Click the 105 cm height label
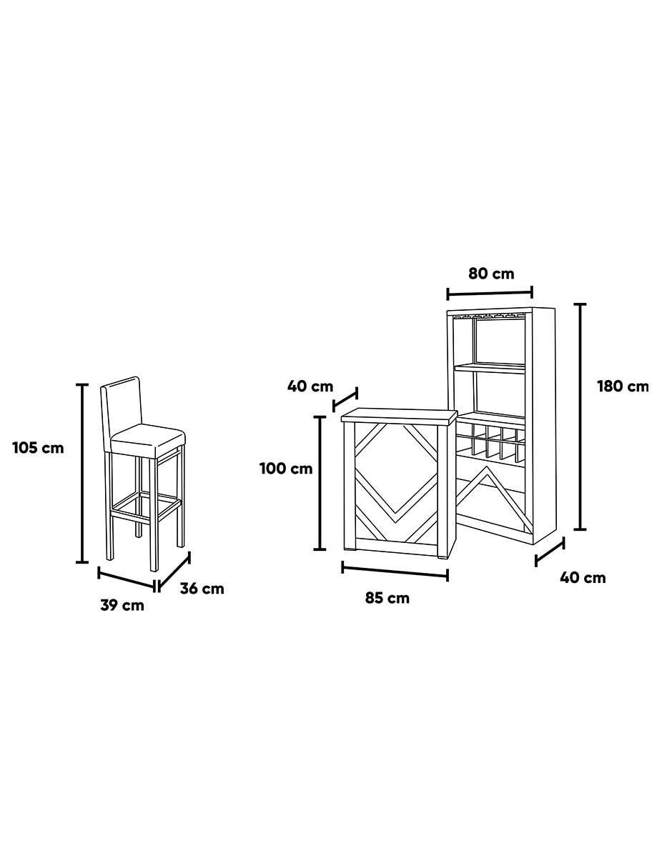(x=39, y=448)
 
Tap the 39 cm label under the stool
(x=122, y=605)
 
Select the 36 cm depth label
(x=202, y=589)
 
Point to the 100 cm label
(x=286, y=468)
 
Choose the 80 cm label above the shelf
(x=491, y=274)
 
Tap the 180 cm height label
(x=623, y=386)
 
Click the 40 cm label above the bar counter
(x=310, y=386)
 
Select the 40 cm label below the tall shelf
(x=583, y=578)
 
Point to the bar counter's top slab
(x=399, y=416)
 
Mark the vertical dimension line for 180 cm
(x=580, y=416)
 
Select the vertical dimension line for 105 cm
(x=82, y=474)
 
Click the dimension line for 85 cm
(x=395, y=571)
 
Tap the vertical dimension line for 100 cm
(x=320, y=483)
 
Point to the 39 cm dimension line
(x=127, y=579)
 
